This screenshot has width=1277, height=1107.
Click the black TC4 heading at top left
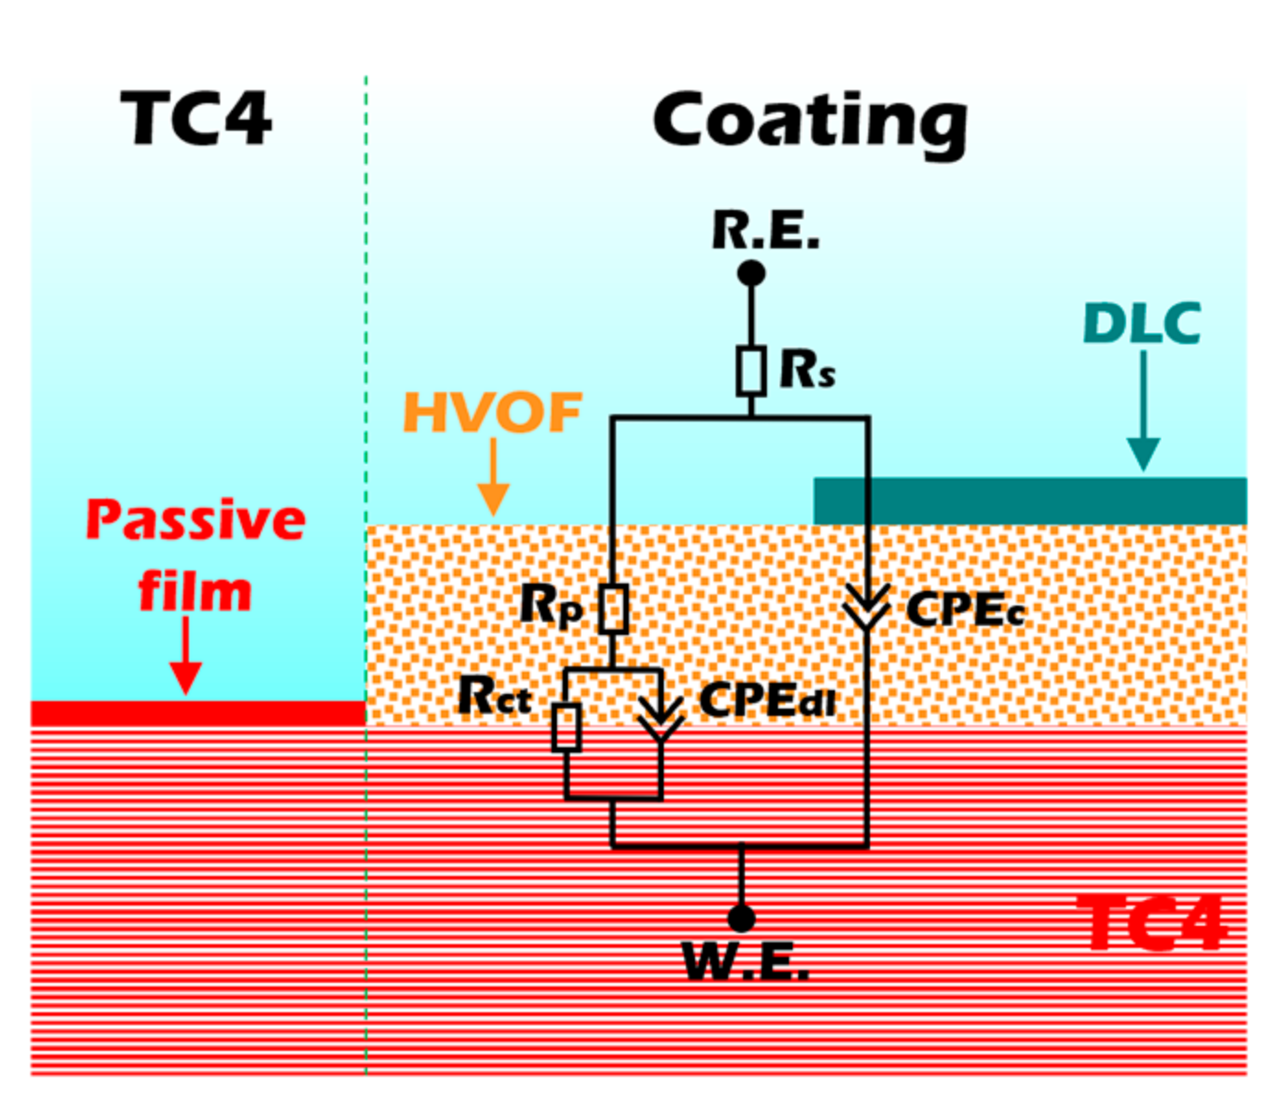(196, 120)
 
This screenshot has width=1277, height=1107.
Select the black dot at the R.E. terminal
(751, 273)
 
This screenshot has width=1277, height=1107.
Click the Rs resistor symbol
(751, 371)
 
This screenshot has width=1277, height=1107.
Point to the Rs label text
(807, 370)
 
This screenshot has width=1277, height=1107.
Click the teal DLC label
(1142, 324)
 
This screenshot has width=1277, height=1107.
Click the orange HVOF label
(493, 413)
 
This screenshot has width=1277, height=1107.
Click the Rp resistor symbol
(613, 609)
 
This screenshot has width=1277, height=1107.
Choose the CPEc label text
(965, 609)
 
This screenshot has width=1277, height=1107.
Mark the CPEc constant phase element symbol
(866, 607)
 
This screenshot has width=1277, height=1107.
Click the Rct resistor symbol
(566, 727)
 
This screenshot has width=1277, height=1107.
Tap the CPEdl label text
(767, 701)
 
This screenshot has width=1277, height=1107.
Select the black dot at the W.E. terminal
(741, 917)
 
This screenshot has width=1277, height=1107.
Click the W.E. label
(746, 963)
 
